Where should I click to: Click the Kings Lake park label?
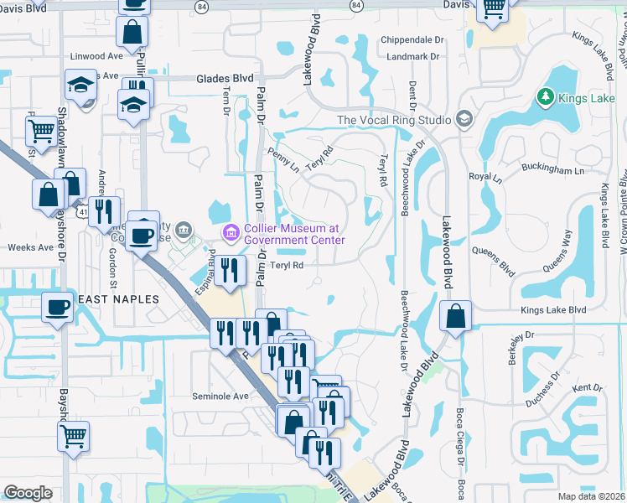(587, 99)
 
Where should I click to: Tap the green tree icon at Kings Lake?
(546, 99)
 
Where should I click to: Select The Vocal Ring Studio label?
(394, 120)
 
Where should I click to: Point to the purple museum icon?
(227, 231)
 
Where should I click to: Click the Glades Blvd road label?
(225, 78)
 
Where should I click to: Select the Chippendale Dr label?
(412, 39)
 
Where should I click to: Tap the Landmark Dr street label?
(414, 57)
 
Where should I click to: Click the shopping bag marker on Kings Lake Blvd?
(454, 316)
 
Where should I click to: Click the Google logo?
(28, 493)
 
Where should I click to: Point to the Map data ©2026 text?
(592, 496)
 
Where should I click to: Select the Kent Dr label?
(587, 388)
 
